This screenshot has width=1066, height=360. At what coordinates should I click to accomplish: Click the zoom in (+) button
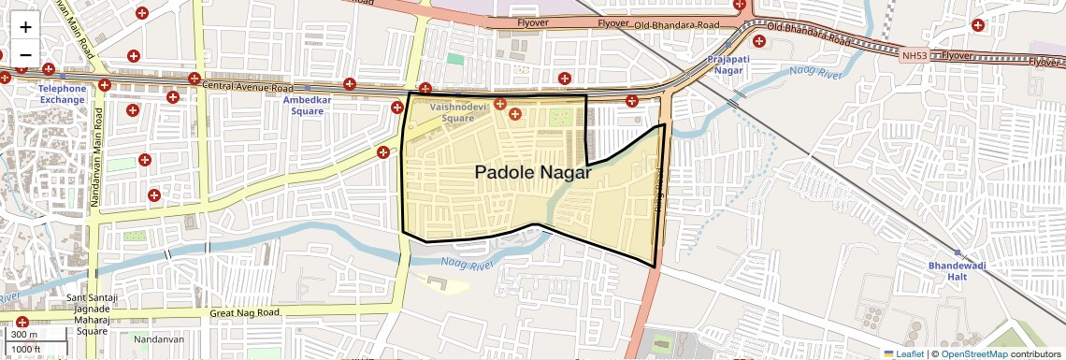click(25, 27)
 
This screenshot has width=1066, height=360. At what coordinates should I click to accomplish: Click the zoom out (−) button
click(25, 54)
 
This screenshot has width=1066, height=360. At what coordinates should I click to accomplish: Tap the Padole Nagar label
click(532, 172)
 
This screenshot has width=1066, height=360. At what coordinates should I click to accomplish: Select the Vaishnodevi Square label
click(459, 113)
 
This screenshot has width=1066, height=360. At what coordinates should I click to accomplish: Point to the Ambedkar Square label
click(307, 106)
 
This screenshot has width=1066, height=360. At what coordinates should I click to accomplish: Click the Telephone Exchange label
click(62, 94)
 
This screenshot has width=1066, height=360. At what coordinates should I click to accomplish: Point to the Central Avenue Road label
click(240, 87)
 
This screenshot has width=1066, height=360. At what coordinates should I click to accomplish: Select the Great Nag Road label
click(244, 312)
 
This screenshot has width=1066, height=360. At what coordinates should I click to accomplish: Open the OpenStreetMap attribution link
click(974, 353)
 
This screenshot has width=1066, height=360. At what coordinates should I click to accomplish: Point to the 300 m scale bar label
click(25, 335)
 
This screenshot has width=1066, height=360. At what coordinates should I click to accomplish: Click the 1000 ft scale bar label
click(26, 350)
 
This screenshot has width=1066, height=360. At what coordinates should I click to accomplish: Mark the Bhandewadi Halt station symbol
click(957, 252)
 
